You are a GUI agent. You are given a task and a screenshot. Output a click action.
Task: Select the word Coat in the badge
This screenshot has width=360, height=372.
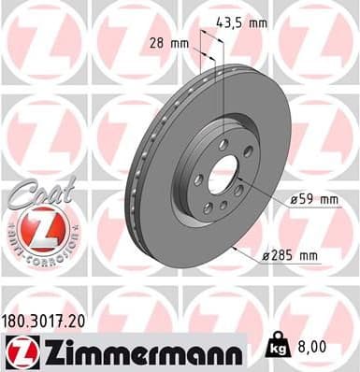(35, 193)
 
